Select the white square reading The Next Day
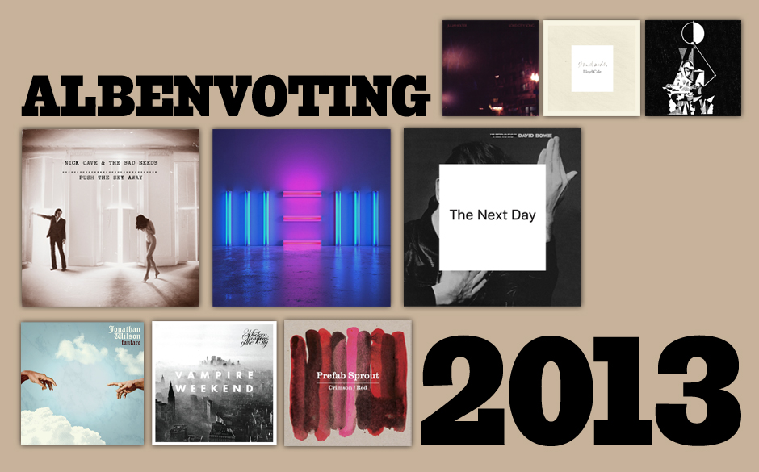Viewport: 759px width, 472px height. click(493, 216)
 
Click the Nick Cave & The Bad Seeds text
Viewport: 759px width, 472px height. click(110, 164)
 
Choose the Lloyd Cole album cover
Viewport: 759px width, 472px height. click(591, 69)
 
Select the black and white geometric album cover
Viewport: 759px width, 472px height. click(693, 69)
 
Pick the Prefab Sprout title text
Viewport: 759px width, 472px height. click(348, 376)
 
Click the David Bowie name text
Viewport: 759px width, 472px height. click(557, 137)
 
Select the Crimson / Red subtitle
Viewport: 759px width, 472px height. click(348, 389)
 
